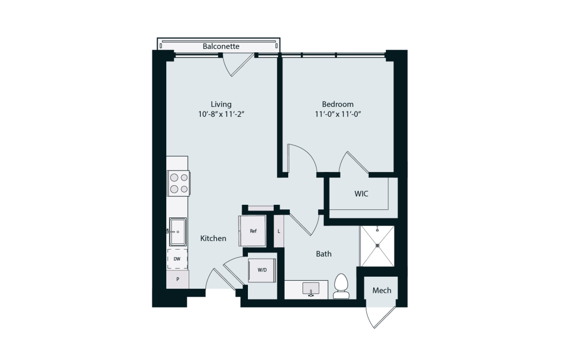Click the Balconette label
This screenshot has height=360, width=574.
[x=221, y=46]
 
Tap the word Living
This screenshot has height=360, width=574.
[x=221, y=104]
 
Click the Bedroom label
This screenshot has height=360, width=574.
[x=338, y=104]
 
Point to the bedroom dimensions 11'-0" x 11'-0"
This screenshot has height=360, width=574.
[x=338, y=114]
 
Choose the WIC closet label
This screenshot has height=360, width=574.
[x=361, y=194]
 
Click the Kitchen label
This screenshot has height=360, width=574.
[x=213, y=238]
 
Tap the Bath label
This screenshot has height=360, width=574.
[x=323, y=254]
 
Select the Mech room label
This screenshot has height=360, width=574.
[x=382, y=290]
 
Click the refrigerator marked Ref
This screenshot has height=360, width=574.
[x=253, y=231]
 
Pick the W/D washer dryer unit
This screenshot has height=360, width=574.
[x=262, y=270]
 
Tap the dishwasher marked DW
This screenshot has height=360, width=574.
[x=177, y=259]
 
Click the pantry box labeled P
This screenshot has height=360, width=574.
[x=178, y=279]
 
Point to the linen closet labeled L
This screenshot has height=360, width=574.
[x=279, y=231]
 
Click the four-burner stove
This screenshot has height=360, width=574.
[x=178, y=183]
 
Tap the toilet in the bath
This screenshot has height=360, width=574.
[x=341, y=286]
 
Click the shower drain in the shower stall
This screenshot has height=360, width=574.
[x=377, y=246]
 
